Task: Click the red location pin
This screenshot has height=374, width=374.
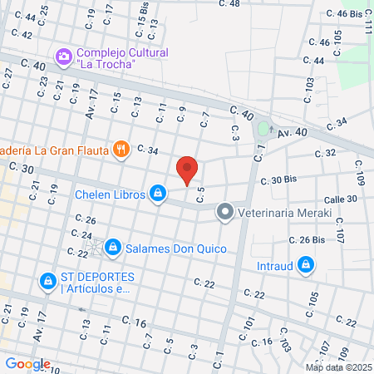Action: [x=188, y=170]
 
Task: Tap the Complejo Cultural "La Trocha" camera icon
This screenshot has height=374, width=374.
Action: [x=63, y=57]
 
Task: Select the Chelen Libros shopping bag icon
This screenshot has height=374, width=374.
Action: [x=157, y=194]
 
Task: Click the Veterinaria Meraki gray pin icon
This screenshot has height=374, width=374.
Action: [x=224, y=212]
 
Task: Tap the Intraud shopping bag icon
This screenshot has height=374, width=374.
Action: [x=307, y=266]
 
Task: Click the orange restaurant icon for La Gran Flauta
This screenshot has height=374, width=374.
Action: [x=121, y=150]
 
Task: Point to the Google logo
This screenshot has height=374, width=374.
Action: [x=28, y=363]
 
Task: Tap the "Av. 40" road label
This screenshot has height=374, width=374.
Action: [x=292, y=132]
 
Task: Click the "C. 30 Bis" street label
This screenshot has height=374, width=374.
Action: [x=278, y=180]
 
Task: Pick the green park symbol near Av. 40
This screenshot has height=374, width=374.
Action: [x=264, y=130]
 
